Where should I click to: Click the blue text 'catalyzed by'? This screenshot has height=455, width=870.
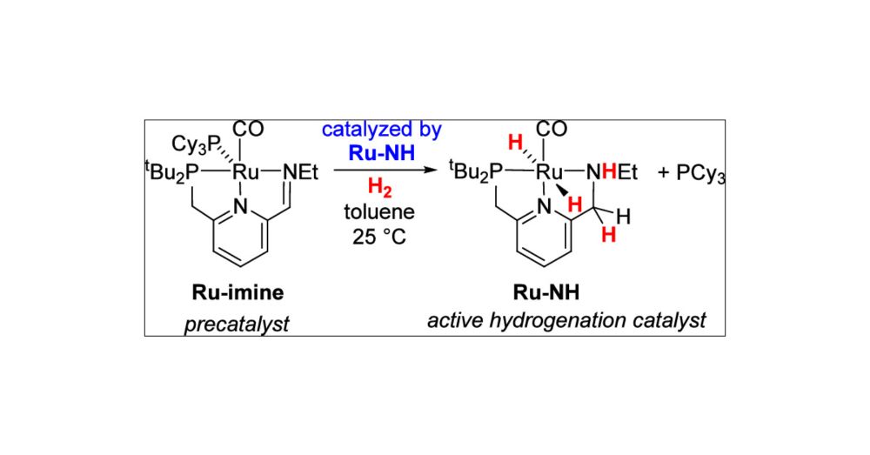380,131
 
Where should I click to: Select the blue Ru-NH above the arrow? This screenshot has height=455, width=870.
380,152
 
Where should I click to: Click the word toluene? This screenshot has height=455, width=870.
380,209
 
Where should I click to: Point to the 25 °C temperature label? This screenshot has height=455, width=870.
380,232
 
